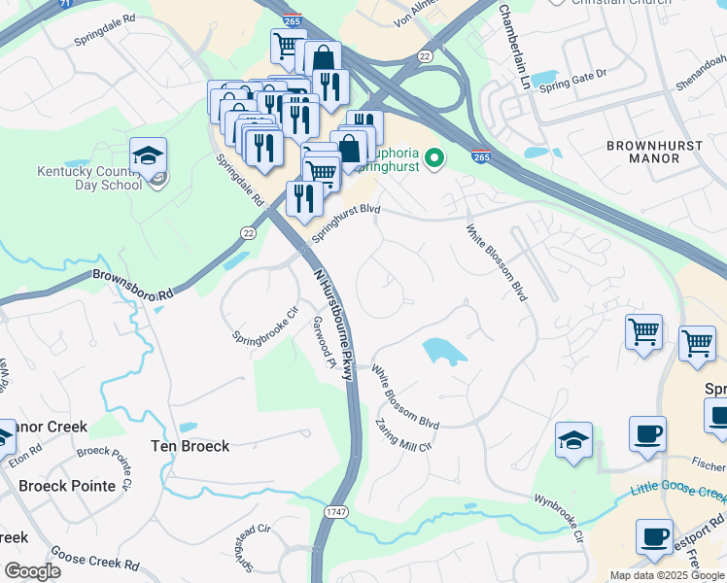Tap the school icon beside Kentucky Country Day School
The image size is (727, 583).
[x=148, y=157]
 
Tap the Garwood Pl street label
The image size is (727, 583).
[x=323, y=341]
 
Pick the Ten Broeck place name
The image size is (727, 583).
[x=190, y=446]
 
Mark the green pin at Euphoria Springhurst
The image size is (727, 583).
[x=435, y=155]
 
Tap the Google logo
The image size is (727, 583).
[x=31, y=571]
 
